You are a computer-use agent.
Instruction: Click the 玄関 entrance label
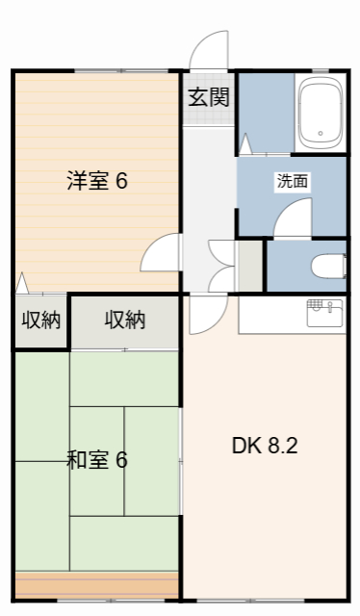point(208,96)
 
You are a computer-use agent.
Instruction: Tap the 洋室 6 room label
point(96,181)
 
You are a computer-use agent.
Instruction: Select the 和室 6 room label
point(96,460)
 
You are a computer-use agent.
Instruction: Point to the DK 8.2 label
point(266,447)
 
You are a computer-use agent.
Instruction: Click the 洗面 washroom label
point(292,181)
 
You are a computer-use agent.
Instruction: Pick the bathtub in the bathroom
point(321,112)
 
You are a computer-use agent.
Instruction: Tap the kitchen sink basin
point(323,311)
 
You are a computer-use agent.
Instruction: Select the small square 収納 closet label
point(40,320)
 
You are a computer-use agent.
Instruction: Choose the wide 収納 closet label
point(125,320)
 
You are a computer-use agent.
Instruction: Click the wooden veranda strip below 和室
point(96,584)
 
